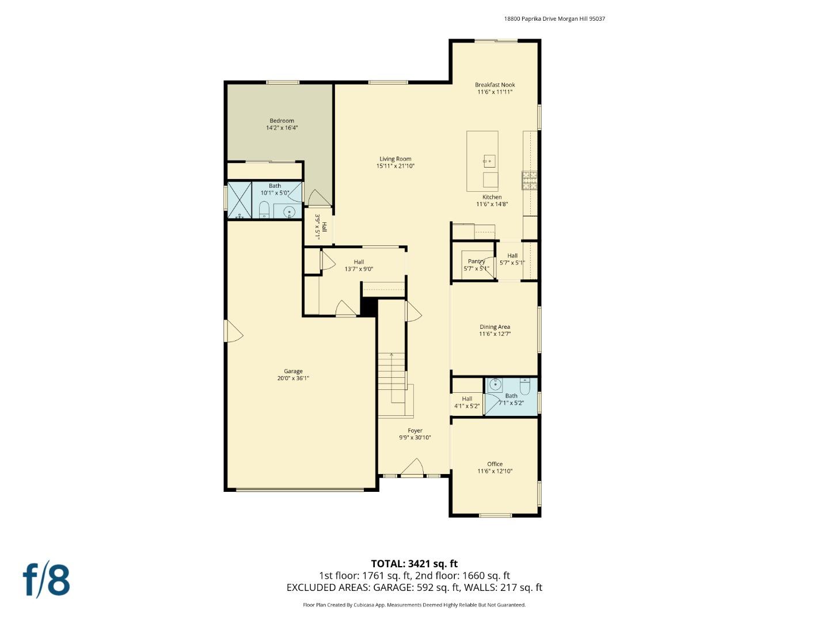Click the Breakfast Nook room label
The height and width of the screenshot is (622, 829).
point(495,85)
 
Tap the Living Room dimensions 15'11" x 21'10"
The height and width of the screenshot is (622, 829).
point(396,166)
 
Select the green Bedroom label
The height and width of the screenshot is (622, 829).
point(282,121)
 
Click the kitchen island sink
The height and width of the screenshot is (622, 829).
point(489,161)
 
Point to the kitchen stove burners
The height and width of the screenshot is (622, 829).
point(529,180)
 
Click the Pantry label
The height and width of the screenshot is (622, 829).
point(476,261)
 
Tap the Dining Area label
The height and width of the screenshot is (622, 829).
point(495,327)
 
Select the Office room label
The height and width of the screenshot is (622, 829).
point(495,464)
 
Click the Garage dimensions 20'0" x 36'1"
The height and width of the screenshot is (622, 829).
point(293,378)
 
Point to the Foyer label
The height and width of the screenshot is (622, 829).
point(414,431)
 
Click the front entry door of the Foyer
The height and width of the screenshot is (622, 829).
point(412,468)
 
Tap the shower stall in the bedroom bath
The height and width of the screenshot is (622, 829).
point(239,200)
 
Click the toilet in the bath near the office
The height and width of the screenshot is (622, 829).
point(525,384)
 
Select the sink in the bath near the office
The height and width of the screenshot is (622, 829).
point(495,384)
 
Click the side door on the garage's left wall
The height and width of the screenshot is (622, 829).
point(232,331)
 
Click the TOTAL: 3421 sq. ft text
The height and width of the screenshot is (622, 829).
point(414,564)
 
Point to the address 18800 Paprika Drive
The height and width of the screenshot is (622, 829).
point(554,18)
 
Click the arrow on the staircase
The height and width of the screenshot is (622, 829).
point(391,356)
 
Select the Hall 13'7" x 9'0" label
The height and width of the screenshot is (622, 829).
point(359,266)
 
